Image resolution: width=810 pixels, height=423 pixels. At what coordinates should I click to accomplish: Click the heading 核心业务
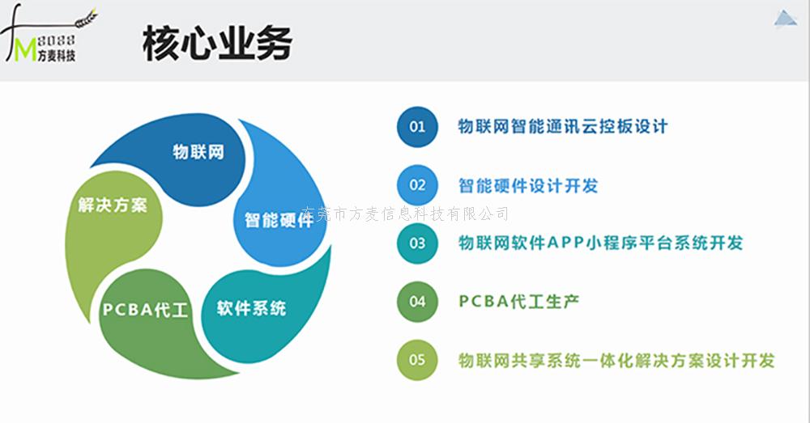[x=217, y=44]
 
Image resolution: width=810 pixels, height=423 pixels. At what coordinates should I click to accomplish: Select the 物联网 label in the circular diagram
[x=198, y=152]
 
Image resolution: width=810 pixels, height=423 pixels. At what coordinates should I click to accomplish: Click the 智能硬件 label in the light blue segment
[x=279, y=220]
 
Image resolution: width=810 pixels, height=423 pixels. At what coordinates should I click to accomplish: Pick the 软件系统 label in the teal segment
[x=252, y=308]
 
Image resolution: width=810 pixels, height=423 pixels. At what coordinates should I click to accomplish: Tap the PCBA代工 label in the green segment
[x=145, y=310]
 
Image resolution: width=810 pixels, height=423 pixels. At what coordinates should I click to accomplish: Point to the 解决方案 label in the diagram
[x=113, y=205]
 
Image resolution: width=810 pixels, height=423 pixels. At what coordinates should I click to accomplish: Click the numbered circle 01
[x=417, y=127]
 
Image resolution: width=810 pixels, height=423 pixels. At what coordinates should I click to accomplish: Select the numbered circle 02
[x=417, y=185]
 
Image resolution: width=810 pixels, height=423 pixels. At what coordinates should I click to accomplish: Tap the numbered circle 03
[x=417, y=243]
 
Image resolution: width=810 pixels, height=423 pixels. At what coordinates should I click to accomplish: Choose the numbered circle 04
[x=417, y=302]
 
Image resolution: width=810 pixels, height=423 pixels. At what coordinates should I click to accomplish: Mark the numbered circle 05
[x=417, y=360]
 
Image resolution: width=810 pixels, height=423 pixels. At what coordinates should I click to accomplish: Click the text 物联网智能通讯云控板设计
[x=563, y=126]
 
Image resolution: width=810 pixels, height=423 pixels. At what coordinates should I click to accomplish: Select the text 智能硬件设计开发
[x=528, y=186]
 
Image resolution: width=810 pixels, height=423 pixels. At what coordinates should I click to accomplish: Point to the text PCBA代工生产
[x=518, y=301]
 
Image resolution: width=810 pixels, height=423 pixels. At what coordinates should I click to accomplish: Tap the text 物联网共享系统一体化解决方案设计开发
[x=616, y=360]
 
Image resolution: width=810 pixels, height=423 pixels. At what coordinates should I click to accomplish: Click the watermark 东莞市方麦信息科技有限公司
[x=404, y=214]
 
